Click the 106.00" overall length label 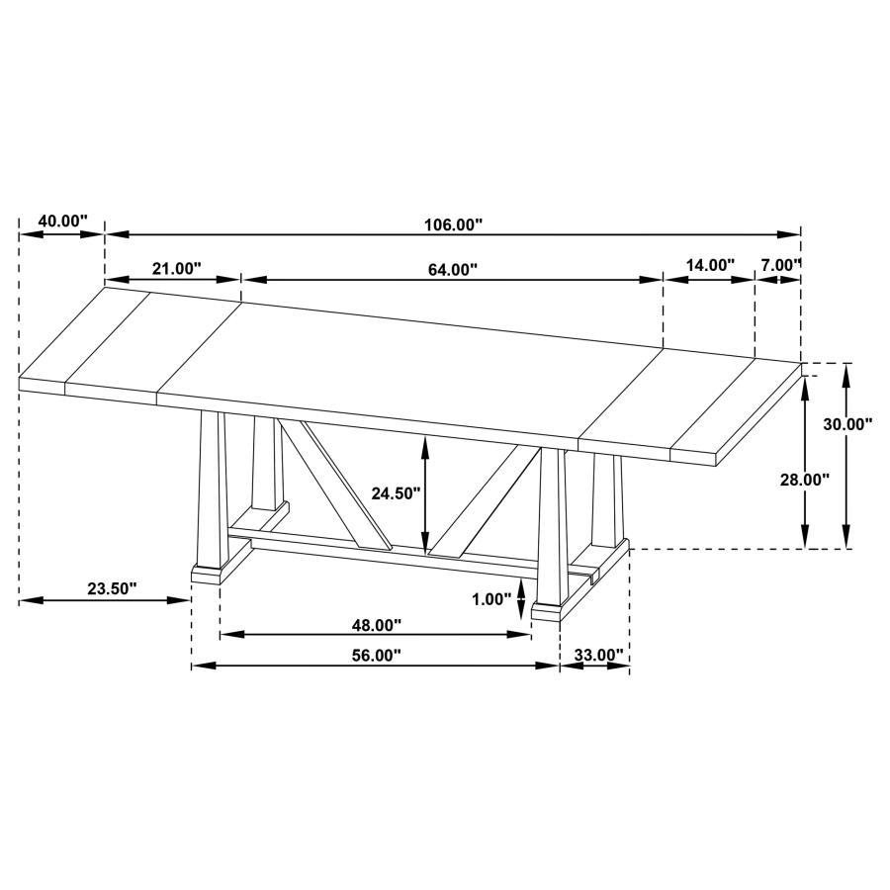pos(453,224)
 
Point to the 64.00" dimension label pos(453,269)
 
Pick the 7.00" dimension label pos(780,265)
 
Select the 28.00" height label pos(804,479)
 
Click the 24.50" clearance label pos(396,491)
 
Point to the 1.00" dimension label pos(491,598)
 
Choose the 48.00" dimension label pos(376,625)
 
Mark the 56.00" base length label pos(376,655)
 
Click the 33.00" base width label pos(599,655)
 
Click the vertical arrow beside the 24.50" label pos(425,494)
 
